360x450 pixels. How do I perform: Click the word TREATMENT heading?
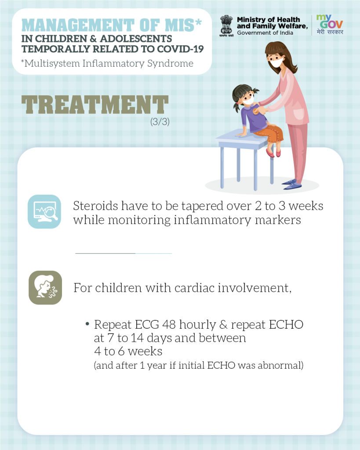point(95,105)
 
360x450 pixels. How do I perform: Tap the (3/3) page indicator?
point(160,122)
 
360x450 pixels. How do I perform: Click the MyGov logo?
point(330,25)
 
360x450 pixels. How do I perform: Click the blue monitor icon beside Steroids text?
point(44,211)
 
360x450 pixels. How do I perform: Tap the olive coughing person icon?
point(45,287)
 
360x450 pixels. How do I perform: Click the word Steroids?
point(95,206)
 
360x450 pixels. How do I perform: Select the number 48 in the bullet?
point(169,325)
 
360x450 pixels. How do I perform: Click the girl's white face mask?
point(248,101)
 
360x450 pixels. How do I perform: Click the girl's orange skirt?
point(269,133)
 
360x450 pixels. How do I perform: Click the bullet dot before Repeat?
point(87,324)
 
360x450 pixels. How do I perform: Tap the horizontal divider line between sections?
point(124,254)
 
